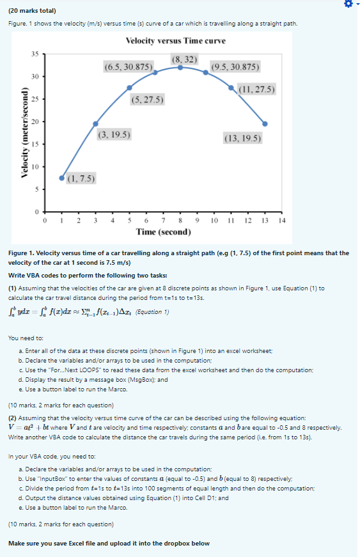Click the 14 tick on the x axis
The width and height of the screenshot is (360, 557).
[282, 220]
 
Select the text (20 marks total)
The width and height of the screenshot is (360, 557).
[32, 11]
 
